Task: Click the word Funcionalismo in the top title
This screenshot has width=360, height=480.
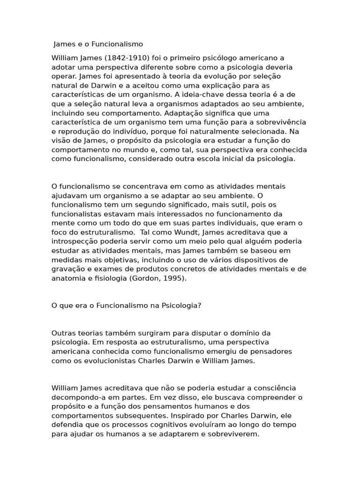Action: click(x=117, y=44)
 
